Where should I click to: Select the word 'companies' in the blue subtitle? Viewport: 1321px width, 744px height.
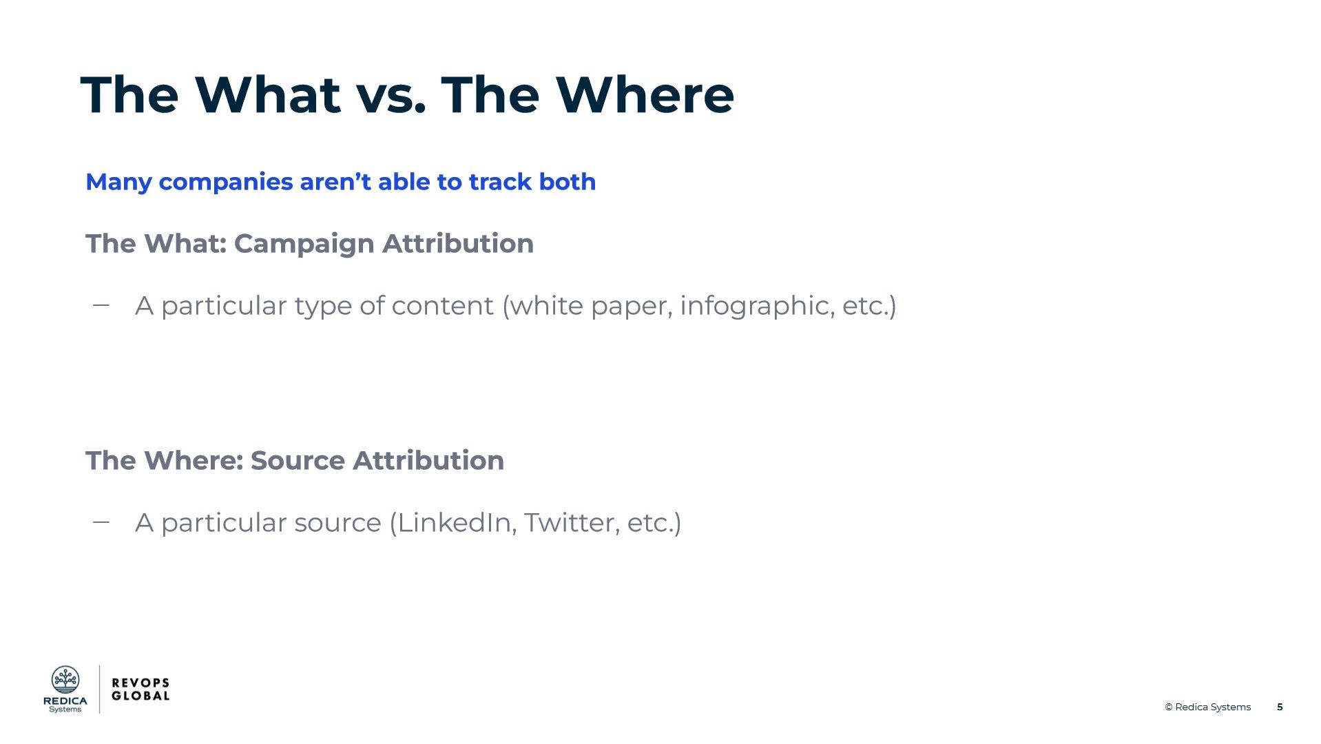[x=226, y=183]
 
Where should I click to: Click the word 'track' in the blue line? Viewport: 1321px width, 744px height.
[x=500, y=182]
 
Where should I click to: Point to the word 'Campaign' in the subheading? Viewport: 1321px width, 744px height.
[x=304, y=245]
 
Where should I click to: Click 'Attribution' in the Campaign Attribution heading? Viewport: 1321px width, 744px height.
[x=458, y=243]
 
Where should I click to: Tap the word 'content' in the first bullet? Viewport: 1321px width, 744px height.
[x=442, y=306]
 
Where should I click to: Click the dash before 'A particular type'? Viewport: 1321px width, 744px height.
[x=101, y=304]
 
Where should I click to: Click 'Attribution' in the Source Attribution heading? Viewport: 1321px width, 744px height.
[x=428, y=460]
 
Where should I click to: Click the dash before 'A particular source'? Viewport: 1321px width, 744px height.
[x=101, y=521]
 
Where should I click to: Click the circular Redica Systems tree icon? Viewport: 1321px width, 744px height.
[x=65, y=680]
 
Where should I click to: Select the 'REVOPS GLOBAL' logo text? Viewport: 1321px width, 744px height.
[x=141, y=689]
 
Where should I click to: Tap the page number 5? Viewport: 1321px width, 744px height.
[x=1280, y=707]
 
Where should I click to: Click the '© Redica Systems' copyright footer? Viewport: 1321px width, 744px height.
[x=1207, y=707]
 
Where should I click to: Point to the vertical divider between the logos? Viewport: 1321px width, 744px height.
[x=100, y=689]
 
